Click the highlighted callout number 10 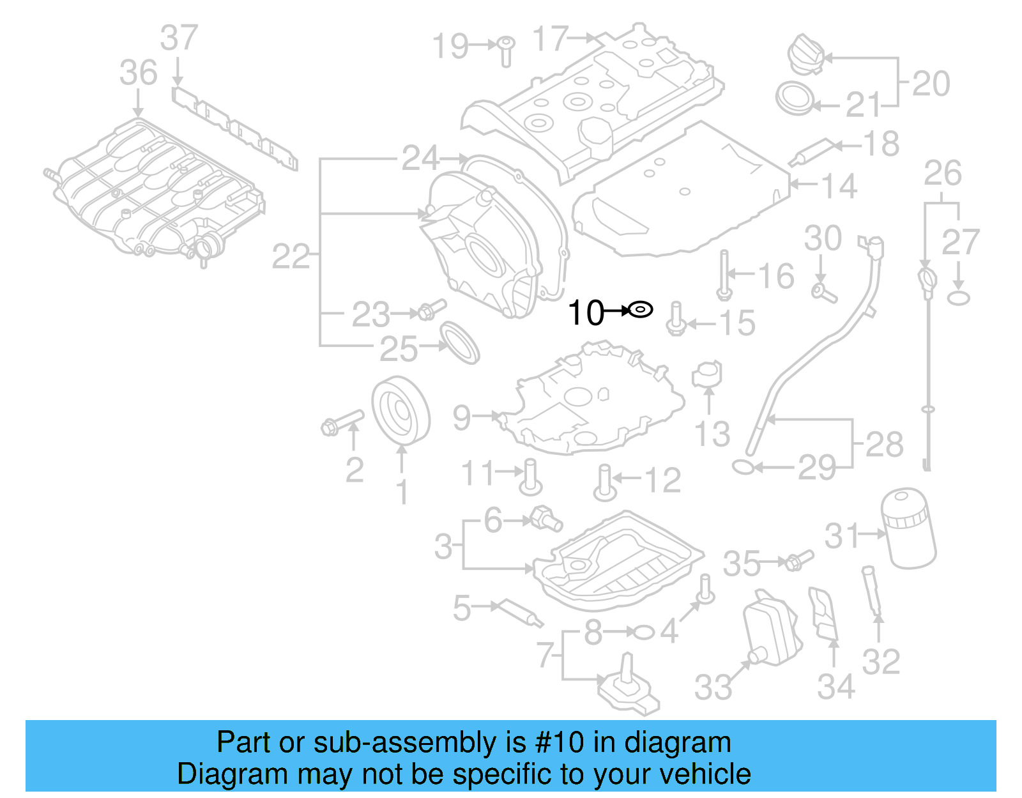coord(585,313)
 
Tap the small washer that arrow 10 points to coord(640,311)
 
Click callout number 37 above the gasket coord(179,38)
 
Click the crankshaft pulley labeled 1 coord(400,410)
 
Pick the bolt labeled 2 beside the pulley coord(342,422)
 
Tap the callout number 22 coord(291,257)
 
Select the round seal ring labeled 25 coord(460,342)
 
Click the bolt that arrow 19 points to coord(506,50)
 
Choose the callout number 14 coord(839,186)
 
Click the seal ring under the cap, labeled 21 coord(795,98)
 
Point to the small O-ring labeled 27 coord(958,298)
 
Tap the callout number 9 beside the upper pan coord(461,417)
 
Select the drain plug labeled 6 coord(545,518)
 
